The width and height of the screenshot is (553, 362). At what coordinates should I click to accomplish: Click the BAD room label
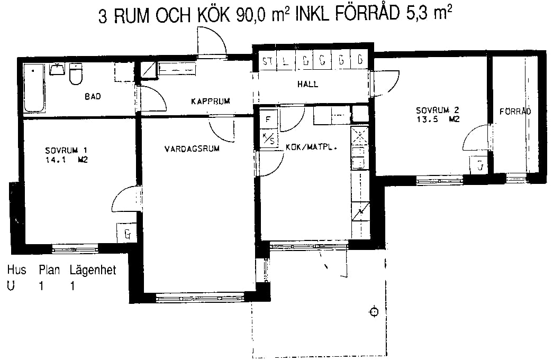tap(93, 96)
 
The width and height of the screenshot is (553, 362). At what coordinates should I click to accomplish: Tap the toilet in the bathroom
tap(76, 74)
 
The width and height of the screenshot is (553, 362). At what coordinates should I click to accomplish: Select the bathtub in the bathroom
tap(34, 88)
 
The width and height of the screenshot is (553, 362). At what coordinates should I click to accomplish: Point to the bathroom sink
tap(57, 69)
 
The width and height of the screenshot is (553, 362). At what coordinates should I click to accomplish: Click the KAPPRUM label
tap(211, 101)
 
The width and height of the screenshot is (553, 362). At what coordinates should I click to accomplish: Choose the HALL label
tap(307, 84)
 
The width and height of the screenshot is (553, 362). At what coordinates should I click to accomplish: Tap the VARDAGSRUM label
tap(192, 148)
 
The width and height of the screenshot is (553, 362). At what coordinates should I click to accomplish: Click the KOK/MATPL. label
tap(311, 147)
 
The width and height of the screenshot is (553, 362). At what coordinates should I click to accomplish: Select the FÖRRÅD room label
tap(515, 112)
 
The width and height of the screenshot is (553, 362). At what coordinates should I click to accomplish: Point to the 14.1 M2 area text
tap(66, 160)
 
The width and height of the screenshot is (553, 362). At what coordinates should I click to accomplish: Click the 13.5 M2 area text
tap(438, 119)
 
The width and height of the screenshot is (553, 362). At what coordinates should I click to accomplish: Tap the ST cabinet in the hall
tap(268, 61)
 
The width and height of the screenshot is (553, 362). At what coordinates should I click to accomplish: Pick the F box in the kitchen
tap(268, 119)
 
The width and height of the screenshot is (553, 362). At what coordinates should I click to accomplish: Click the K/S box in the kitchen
tap(269, 139)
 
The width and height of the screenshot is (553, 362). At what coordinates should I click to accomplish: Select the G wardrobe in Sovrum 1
tap(127, 234)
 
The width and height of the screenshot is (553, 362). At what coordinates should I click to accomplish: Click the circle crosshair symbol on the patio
tap(374, 312)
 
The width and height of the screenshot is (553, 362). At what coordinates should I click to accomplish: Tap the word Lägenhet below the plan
tap(93, 271)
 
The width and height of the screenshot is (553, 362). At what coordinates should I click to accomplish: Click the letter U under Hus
tap(11, 285)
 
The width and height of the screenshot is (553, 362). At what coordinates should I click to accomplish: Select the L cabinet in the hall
tap(286, 61)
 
